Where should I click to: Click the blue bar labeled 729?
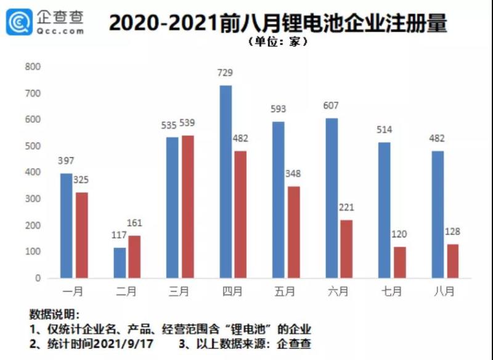[226, 181]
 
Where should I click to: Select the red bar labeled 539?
[187, 207]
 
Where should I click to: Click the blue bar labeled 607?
[332, 198]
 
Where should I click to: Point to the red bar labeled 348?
[293, 232]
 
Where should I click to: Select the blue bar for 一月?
[67, 226]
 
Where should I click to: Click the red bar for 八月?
[453, 261]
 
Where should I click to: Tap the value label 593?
[279, 110]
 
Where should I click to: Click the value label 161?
[134, 223]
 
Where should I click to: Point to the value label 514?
[385, 130]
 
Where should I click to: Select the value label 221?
[347, 208]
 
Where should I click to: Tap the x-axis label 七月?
[391, 290]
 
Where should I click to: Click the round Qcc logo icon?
[20, 23]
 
